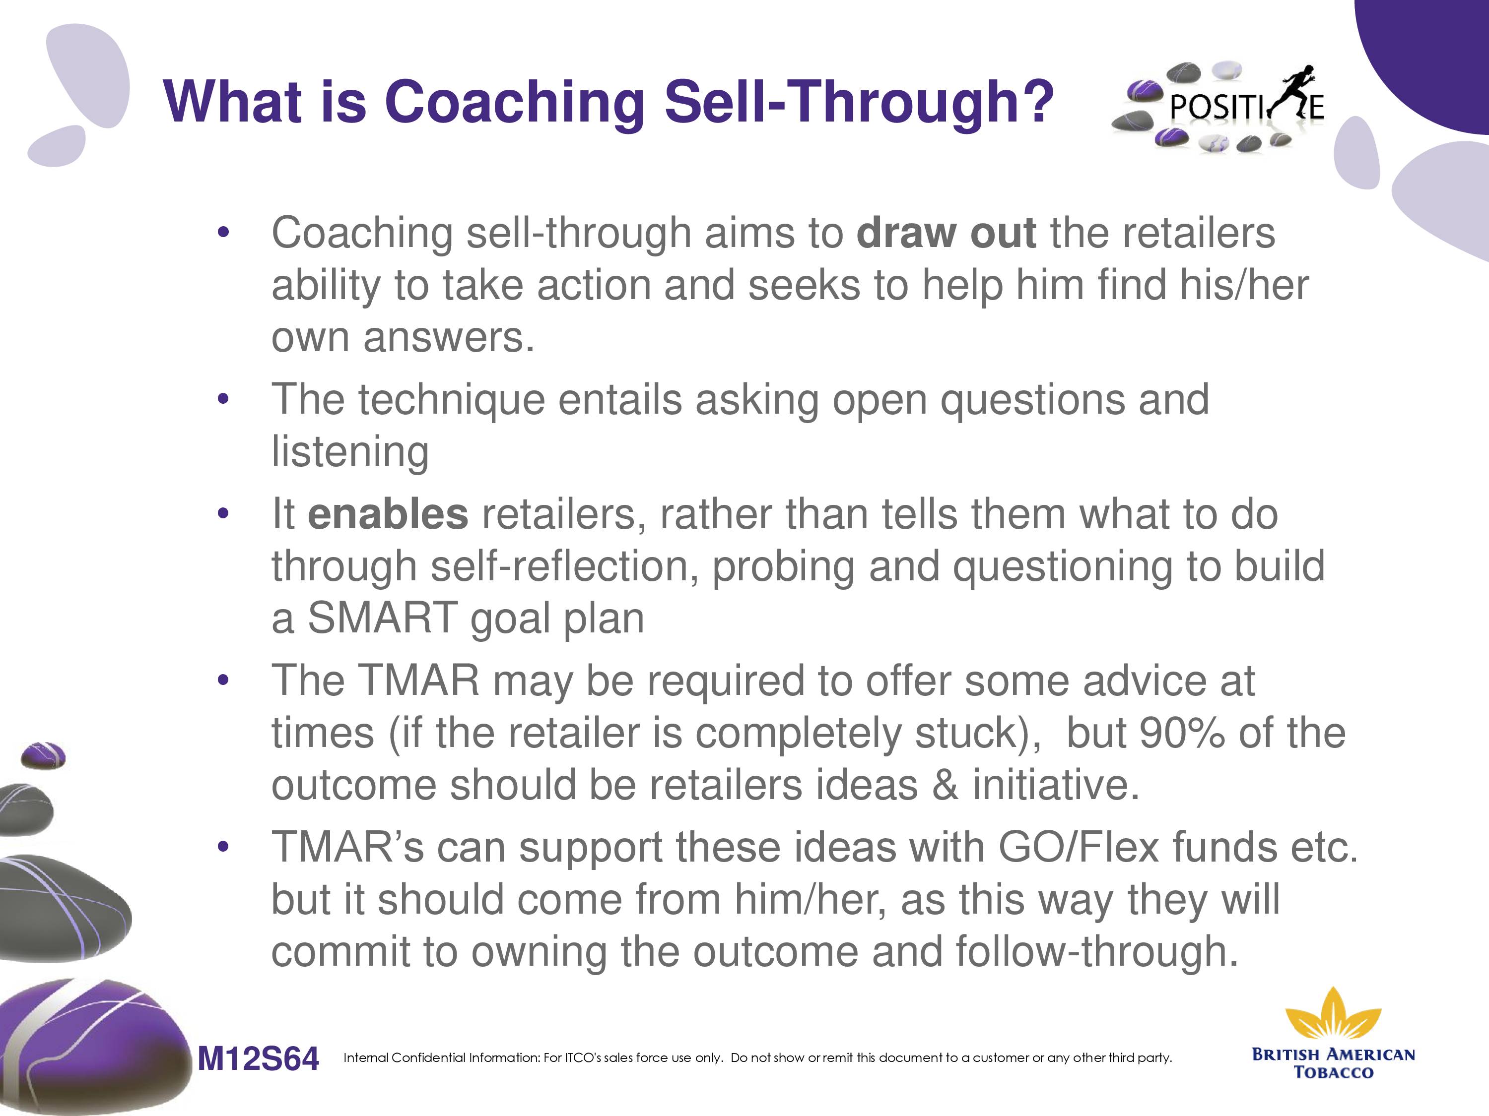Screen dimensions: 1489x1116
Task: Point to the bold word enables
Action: click(x=388, y=515)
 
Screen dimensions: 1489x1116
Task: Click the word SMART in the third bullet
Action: click(x=382, y=618)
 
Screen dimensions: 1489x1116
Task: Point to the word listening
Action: click(x=350, y=452)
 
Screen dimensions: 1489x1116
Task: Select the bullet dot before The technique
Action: click(x=223, y=400)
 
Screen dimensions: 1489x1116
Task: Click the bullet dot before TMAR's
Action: click(x=223, y=847)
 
